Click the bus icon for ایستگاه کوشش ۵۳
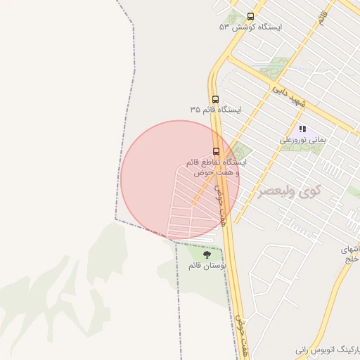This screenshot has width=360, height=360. [x=250, y=16]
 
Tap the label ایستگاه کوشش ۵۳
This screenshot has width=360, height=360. [x=250, y=27]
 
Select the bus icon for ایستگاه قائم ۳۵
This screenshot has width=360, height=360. [x=215, y=99]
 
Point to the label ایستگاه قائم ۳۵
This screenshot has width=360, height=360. [x=215, y=110]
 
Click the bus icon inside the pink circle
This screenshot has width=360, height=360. [x=216, y=150]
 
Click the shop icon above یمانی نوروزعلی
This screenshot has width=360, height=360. [x=303, y=129]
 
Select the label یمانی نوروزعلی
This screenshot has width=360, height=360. [x=303, y=140]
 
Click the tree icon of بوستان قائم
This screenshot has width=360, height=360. [x=206, y=255]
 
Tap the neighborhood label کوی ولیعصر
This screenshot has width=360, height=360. [x=288, y=191]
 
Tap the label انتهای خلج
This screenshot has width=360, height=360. [x=349, y=254]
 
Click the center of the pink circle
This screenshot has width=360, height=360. [x=180, y=179]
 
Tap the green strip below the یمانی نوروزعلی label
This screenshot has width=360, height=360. [x=304, y=148]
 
